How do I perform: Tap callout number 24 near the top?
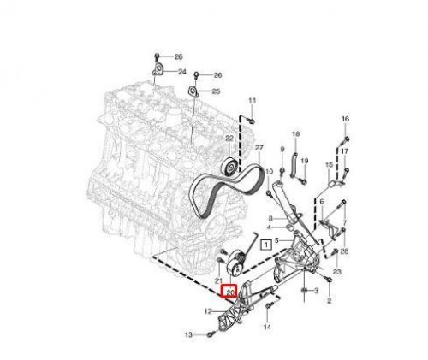coord(181,72)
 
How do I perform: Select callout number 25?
coord(216,91)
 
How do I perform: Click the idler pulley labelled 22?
coord(229,167)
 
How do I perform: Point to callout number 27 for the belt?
coord(259,146)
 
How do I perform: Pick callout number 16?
coord(346,117)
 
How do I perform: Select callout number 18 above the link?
coord(295,134)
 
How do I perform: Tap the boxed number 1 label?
coord(267,245)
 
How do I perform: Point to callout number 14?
coord(266,327)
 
